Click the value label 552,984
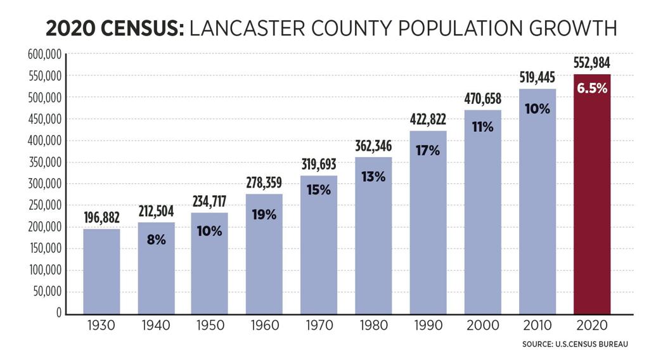click(591, 63)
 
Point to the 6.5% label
click(591, 88)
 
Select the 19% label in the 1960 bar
click(265, 214)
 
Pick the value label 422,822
click(428, 119)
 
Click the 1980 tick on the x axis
click(374, 326)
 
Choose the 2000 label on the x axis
click(483, 326)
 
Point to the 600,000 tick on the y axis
click(44, 55)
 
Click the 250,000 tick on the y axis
click(44, 205)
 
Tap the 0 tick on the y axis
click(58, 313)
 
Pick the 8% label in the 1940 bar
click(156, 240)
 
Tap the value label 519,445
click(537, 77)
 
